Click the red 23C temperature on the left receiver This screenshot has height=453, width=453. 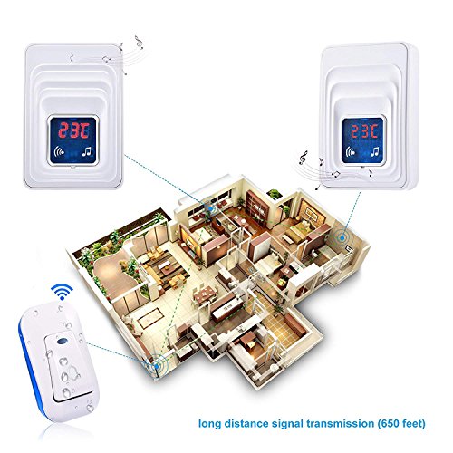point(73,130)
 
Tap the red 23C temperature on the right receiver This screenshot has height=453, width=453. point(364,131)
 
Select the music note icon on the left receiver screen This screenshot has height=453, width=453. point(87,151)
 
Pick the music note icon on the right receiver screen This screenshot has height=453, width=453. point(374,151)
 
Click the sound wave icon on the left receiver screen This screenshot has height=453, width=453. point(59,151)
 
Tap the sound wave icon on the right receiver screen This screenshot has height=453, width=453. point(351,151)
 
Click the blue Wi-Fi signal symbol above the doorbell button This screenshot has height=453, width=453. point(62,292)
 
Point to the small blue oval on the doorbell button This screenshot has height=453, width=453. point(62,341)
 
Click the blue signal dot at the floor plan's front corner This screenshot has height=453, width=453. point(157,367)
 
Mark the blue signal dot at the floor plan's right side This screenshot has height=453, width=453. point(342,237)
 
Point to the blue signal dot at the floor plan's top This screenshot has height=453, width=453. point(210,207)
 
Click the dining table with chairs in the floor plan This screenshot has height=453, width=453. point(205,294)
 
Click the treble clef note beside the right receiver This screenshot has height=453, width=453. point(303,158)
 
